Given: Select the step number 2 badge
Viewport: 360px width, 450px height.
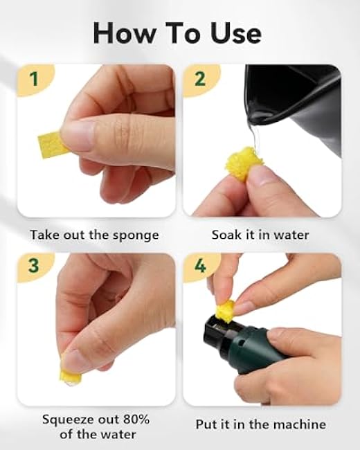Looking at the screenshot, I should click(200, 79).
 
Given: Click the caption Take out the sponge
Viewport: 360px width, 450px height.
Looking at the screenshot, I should click(94, 235).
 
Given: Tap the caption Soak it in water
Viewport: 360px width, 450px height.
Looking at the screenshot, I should click(260, 235).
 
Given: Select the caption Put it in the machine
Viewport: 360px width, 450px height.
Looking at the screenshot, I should click(260, 424).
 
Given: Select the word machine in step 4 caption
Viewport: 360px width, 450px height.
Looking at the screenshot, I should click(300, 424).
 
